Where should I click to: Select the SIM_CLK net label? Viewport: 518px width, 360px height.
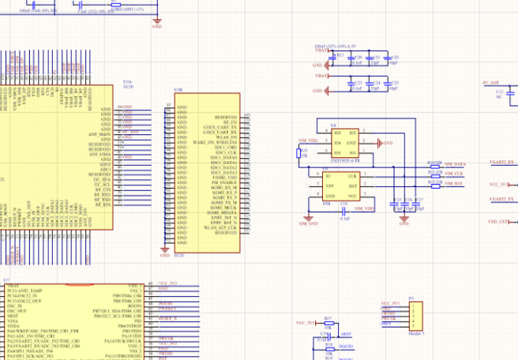click(453, 173)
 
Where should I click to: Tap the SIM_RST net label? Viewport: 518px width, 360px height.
click(453, 183)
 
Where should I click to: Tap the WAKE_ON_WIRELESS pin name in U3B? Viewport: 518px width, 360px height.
click(216, 142)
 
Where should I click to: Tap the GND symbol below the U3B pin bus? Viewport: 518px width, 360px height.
click(165, 253)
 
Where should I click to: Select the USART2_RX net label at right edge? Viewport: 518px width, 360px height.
click(501, 163)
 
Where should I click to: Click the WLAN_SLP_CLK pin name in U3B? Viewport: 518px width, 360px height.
click(220, 229)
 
